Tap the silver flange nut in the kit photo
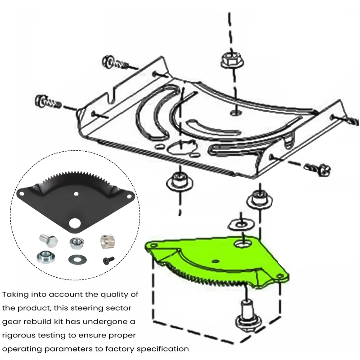76,243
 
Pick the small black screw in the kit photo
108,260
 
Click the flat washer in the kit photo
75,260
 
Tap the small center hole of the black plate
76,194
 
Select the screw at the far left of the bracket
45,101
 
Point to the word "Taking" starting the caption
16,295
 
